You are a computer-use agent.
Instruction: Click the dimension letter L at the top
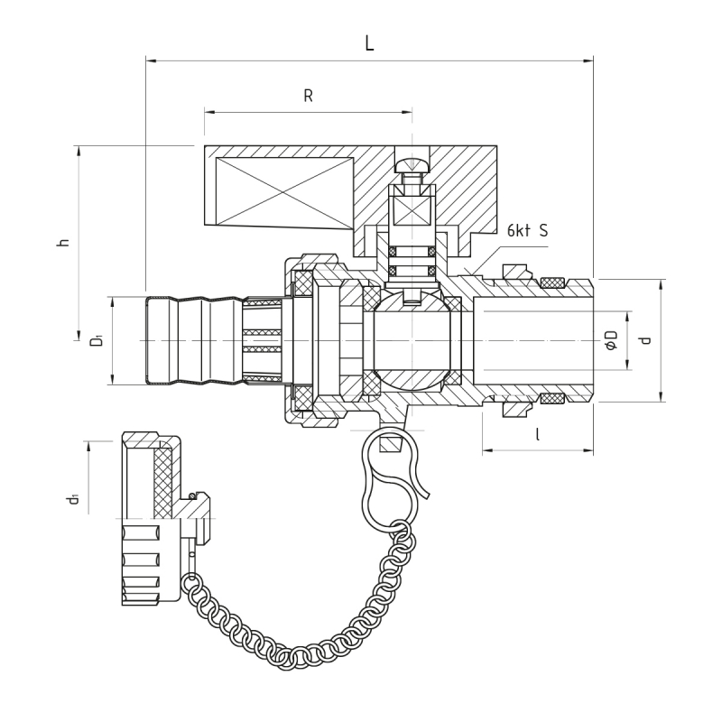pos(369,42)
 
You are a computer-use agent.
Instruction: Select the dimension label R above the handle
pos(308,96)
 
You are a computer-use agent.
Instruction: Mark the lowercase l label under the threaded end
pos(538,434)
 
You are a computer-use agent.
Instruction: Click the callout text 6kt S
pos(527,231)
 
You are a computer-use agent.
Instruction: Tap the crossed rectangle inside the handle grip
pos(284,193)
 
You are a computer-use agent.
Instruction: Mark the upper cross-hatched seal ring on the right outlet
pos(552,283)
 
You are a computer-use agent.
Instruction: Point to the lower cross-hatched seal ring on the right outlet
pos(552,398)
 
